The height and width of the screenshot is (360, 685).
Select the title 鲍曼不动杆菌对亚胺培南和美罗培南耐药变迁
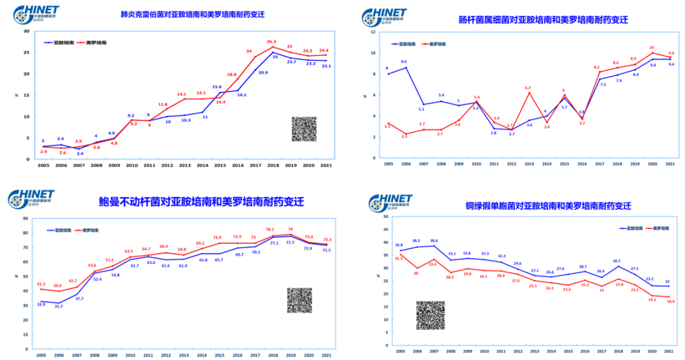point(201,202)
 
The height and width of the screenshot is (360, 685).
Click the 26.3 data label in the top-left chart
point(271,41)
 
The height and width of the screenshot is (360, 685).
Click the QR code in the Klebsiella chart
point(304,129)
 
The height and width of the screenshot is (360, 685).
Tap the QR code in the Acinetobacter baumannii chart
point(299,300)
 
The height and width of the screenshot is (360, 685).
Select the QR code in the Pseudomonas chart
point(430,315)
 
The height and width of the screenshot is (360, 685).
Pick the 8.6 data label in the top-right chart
point(404,61)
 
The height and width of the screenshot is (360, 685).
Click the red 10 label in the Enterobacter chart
point(651,48)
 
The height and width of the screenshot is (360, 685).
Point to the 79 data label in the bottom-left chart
point(290,229)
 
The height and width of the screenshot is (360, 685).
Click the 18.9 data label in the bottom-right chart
point(670,302)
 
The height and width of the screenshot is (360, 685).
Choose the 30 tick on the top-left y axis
point(26,30)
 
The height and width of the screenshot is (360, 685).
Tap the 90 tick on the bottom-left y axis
point(26,218)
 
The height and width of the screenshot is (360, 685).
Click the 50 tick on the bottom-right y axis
point(385,216)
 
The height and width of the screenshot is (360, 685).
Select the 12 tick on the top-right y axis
point(374,31)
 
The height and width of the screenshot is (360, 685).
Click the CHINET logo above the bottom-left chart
point(32,199)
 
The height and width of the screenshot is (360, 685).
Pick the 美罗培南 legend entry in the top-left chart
point(93,42)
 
